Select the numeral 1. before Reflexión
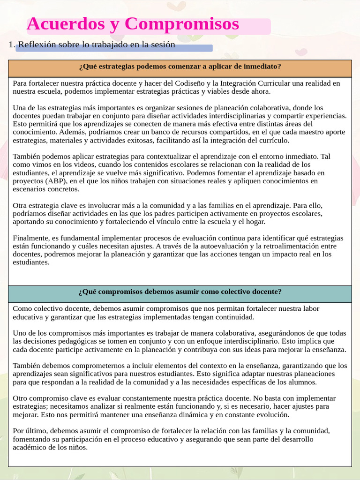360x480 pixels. pyautogui.click(x=12, y=45)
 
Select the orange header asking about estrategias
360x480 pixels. pyautogui.click(x=180, y=66)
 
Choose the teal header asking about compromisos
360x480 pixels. pyautogui.click(x=180, y=292)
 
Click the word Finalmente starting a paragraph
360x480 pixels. pyautogui.click(x=30, y=238)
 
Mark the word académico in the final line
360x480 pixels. pyautogui.click(x=29, y=447)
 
